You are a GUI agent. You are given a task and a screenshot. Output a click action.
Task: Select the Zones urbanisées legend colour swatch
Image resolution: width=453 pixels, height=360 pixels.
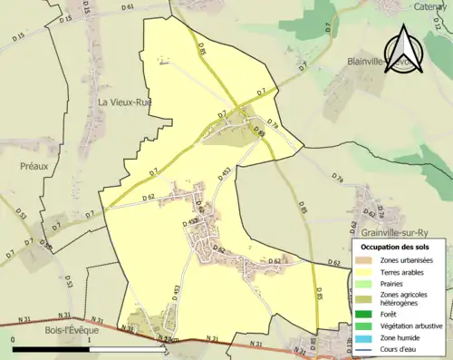coord(366,261)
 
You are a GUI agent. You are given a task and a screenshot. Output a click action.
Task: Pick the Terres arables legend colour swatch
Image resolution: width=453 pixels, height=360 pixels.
coord(366,271)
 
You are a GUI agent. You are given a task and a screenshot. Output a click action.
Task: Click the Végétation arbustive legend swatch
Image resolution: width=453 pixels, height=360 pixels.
coord(366,325)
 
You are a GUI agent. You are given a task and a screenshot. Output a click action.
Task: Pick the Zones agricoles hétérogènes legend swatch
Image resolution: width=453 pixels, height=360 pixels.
coord(366,297)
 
